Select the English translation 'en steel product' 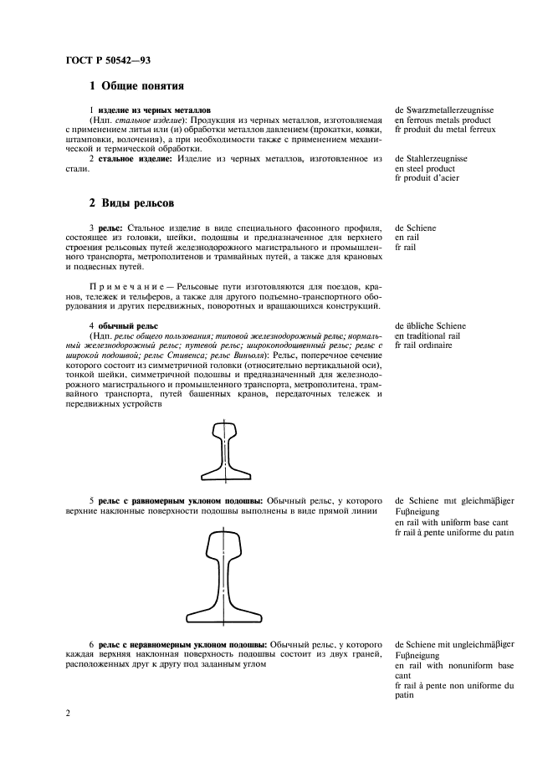point(425,167)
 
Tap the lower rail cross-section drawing point(228,577)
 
